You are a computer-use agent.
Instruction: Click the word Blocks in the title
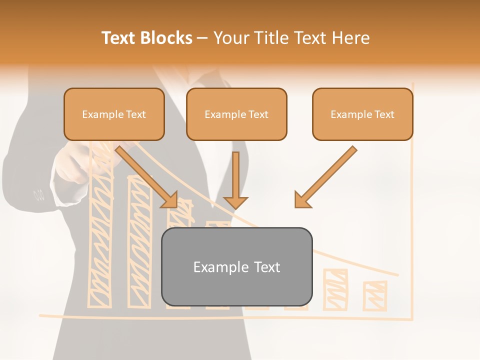pos(166,38)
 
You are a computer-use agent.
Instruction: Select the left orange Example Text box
pos(114,114)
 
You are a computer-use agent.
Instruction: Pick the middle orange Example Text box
pos(236,114)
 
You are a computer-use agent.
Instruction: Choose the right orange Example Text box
pos(362,114)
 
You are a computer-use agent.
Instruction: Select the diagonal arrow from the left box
pos(147,176)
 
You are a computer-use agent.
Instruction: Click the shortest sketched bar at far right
pos(375,295)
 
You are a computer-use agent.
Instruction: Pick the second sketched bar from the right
pos(335,289)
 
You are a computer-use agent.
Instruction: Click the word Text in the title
pos(120,38)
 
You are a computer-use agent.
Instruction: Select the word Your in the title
pos(231,38)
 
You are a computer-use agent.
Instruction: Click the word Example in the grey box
pos(214,267)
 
